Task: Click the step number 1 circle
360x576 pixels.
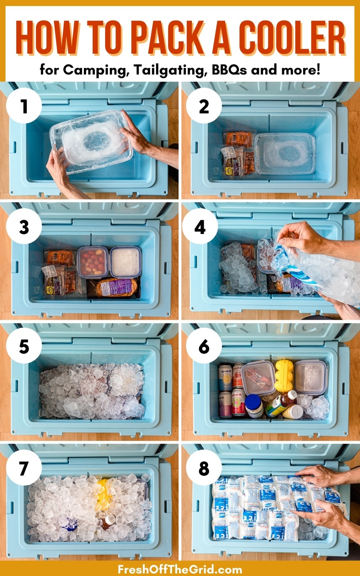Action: (24, 107)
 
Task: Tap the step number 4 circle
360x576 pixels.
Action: (200, 228)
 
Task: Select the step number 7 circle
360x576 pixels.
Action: (24, 468)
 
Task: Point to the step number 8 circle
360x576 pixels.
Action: (204, 468)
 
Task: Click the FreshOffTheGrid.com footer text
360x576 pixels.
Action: (180, 569)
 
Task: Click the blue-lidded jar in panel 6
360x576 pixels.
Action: (254, 406)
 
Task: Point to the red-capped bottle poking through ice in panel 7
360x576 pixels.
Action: (108, 521)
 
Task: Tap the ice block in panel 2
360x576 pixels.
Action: (284, 153)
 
